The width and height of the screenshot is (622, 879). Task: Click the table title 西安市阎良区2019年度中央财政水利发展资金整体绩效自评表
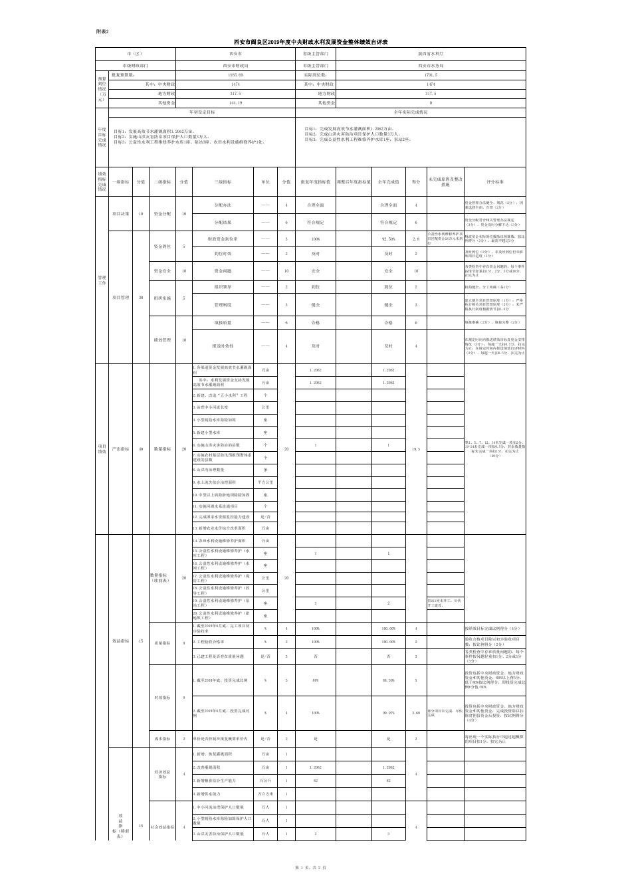pyautogui.click(x=311, y=42)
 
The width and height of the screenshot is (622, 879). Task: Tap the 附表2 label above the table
pyautogui.click(x=102, y=31)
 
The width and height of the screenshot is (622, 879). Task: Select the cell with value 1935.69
pyautogui.click(x=235, y=76)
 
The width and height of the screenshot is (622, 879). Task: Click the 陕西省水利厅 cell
pyautogui.click(x=431, y=52)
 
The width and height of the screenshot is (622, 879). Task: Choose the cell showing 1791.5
pyautogui.click(x=431, y=76)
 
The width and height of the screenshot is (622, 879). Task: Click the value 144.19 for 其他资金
pyautogui.click(x=235, y=104)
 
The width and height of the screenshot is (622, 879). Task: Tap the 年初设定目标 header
pyautogui.click(x=202, y=113)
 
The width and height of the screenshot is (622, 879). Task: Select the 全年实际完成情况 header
pyautogui.click(x=411, y=113)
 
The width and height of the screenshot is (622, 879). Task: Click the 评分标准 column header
pyautogui.click(x=494, y=181)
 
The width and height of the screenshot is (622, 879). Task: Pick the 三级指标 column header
pyautogui.click(x=223, y=181)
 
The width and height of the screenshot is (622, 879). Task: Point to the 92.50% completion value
pyautogui.click(x=389, y=239)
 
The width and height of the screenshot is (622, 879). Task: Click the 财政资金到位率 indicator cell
pyautogui.click(x=223, y=239)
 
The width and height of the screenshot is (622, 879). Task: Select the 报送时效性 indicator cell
pyautogui.click(x=223, y=346)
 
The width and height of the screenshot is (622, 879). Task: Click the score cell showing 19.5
pyautogui.click(x=416, y=450)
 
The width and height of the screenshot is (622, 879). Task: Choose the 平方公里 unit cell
pyautogui.click(x=266, y=482)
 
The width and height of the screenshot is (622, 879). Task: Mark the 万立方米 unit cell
pyautogui.click(x=266, y=794)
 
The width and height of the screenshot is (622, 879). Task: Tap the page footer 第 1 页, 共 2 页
pyautogui.click(x=310, y=868)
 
